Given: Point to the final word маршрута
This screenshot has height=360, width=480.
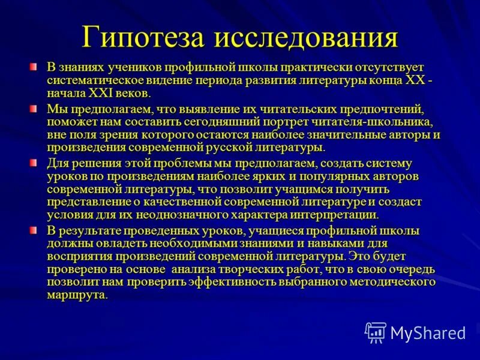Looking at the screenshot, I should (x=76, y=295).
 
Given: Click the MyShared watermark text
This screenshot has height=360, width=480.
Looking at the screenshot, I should (x=427, y=332).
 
